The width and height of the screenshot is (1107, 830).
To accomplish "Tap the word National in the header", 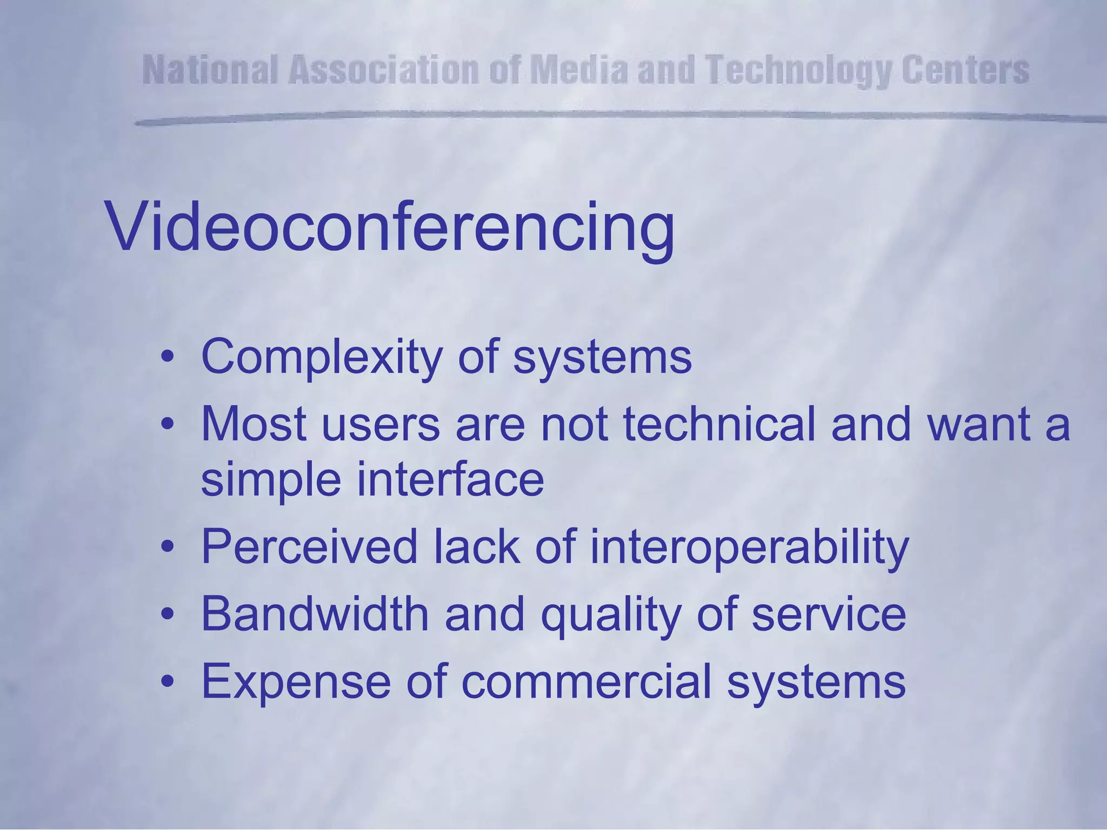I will pos(211,71).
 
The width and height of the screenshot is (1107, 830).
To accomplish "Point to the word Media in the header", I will pos(579,71).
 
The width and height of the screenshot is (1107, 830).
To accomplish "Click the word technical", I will pos(719,425).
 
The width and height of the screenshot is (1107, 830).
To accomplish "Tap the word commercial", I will pos(586,682).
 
